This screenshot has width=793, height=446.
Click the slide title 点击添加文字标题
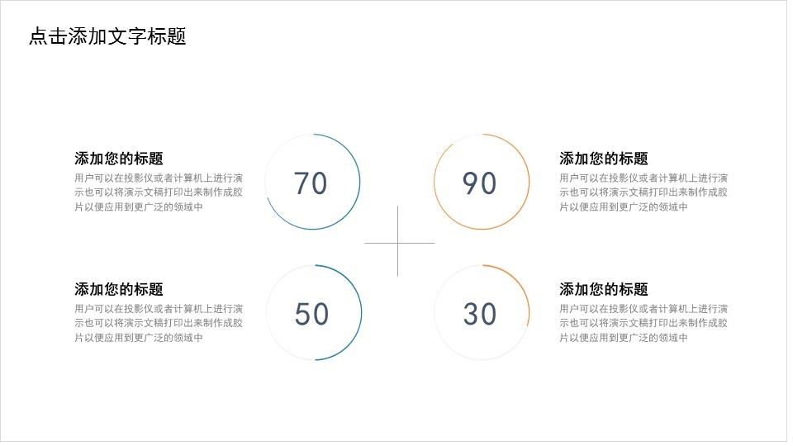107,36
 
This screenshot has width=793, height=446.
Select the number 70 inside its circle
311,183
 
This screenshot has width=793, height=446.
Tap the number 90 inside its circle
479,183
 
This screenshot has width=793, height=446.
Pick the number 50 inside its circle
311,314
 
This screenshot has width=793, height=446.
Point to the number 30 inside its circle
480,314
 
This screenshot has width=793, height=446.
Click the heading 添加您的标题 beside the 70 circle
119,159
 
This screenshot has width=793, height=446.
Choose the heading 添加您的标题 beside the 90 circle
604,159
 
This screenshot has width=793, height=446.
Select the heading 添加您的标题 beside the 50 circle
119,289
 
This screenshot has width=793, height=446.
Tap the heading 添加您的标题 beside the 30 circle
604,289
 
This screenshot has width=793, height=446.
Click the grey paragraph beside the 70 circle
159,192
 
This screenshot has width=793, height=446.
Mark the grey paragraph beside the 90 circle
643,192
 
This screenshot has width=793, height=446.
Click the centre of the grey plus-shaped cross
398,243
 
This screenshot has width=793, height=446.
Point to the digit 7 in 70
302,183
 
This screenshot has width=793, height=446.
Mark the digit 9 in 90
470,183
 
